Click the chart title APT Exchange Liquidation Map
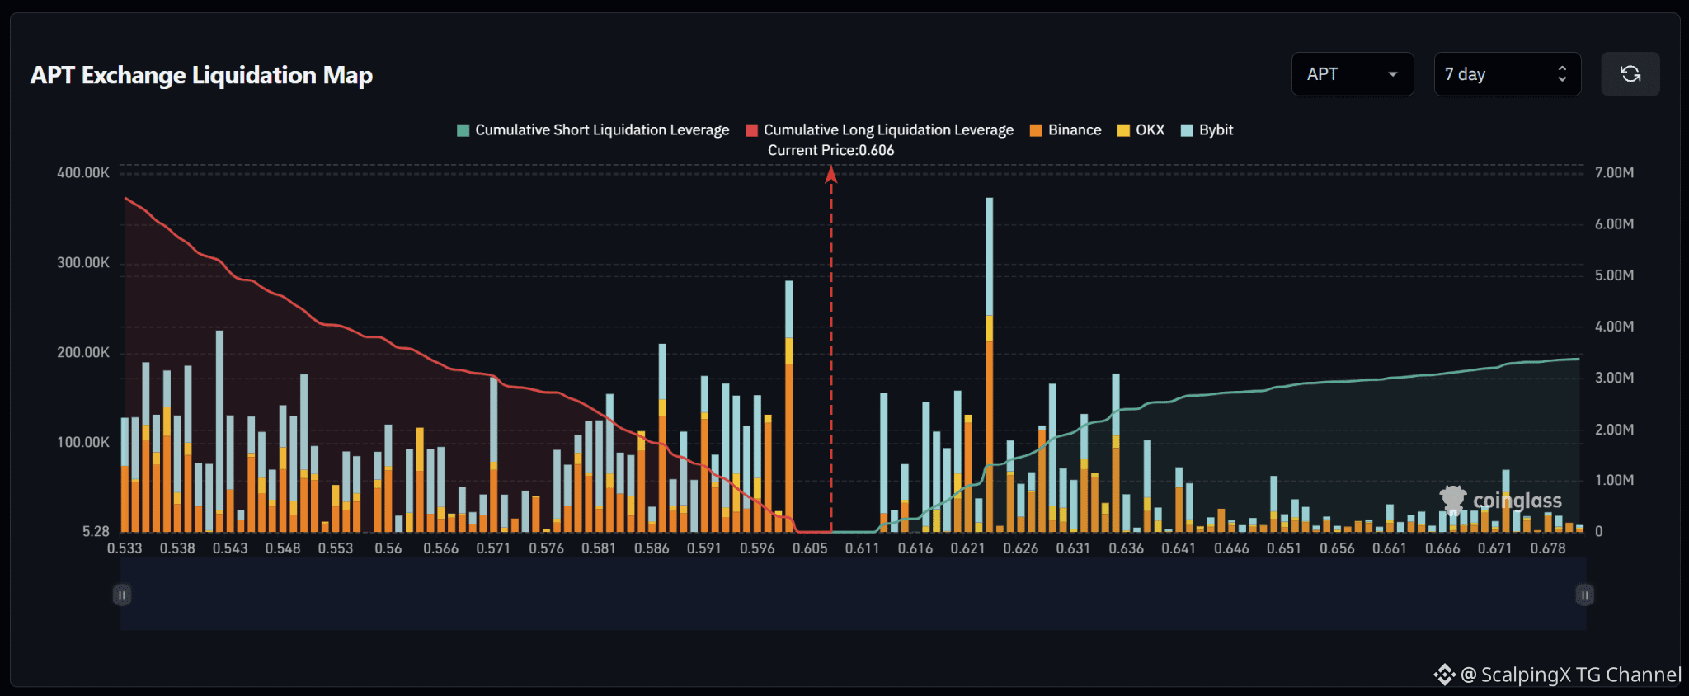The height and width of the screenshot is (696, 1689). [x=201, y=75]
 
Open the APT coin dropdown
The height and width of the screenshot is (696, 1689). [x=1353, y=74]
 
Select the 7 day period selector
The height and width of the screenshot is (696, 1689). [x=1508, y=74]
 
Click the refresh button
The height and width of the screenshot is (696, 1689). [x=1630, y=74]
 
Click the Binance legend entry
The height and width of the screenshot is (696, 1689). [x=1066, y=129]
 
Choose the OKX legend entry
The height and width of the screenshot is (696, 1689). [x=1141, y=129]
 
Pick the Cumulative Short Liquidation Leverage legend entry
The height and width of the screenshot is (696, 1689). [x=593, y=129]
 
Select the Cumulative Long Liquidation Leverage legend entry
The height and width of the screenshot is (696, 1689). [x=879, y=129]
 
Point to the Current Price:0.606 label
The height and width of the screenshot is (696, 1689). [x=830, y=150]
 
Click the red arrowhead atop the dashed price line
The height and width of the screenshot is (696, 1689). [x=831, y=173]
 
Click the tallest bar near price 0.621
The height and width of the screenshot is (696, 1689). [x=989, y=364]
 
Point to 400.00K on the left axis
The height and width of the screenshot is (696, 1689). [x=83, y=172]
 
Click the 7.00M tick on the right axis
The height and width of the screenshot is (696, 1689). [x=1614, y=172]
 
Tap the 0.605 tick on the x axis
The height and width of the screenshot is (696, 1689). [x=810, y=548]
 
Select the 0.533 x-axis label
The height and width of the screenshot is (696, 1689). [x=125, y=548]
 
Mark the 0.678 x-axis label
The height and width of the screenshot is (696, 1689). [x=1548, y=548]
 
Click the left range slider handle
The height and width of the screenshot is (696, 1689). [x=122, y=595]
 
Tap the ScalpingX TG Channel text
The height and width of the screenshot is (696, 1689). [x=1570, y=675]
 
